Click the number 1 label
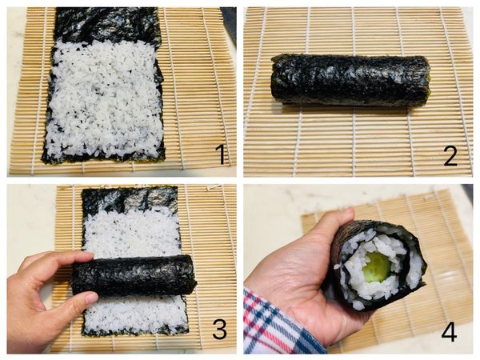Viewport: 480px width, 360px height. [221, 154]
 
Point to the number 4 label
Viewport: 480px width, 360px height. [449, 330]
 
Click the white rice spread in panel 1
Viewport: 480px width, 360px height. [104, 100]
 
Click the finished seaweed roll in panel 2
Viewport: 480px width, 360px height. [349, 80]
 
